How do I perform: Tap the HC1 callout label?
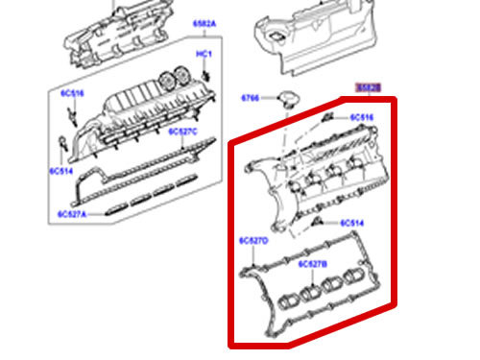click(204, 54)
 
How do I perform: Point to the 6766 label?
click(251, 98)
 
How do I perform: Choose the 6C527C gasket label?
click(182, 131)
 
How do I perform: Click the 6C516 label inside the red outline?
click(362, 118)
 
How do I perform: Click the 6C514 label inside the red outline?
click(349, 223)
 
